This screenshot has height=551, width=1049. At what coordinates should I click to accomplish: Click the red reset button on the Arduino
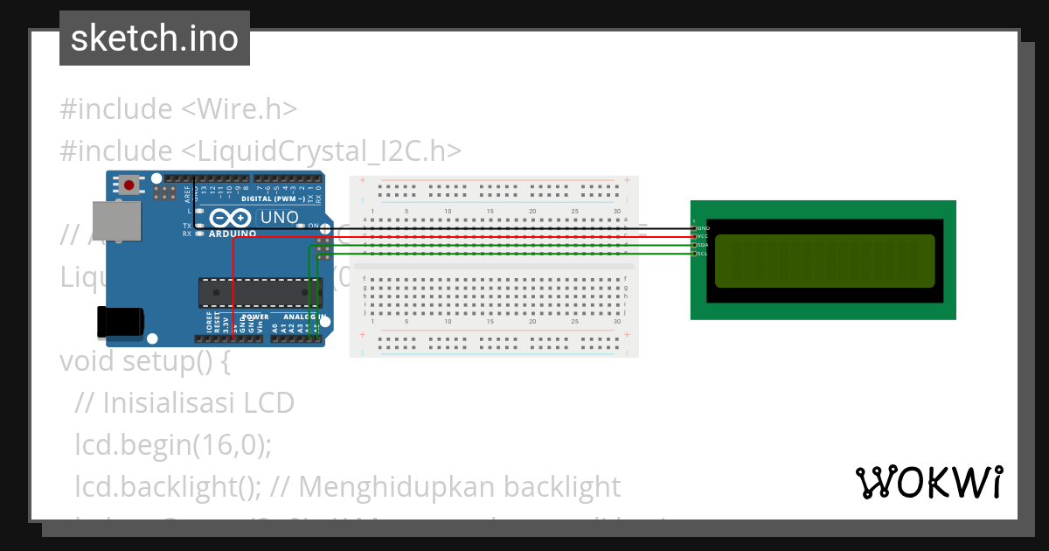(130, 185)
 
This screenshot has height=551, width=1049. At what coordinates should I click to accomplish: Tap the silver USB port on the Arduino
(116, 220)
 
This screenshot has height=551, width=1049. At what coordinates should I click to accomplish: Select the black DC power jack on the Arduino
(121, 321)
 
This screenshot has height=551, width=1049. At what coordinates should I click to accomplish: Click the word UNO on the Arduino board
(280, 218)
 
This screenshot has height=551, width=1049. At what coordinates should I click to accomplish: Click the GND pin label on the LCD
(704, 228)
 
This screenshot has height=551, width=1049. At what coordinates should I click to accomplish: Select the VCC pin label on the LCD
(703, 236)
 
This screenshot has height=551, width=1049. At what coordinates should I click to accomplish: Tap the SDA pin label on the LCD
(703, 245)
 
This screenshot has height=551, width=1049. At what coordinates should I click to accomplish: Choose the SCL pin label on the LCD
(703, 254)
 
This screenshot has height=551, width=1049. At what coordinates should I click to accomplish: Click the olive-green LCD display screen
(824, 261)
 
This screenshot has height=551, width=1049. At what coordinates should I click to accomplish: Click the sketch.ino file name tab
(155, 38)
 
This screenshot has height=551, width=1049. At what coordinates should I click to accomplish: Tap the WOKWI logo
(928, 482)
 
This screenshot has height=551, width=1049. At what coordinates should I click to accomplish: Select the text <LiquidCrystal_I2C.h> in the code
(321, 150)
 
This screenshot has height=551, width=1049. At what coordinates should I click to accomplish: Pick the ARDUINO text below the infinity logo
(233, 234)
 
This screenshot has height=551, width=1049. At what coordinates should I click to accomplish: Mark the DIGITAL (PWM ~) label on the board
(272, 199)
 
